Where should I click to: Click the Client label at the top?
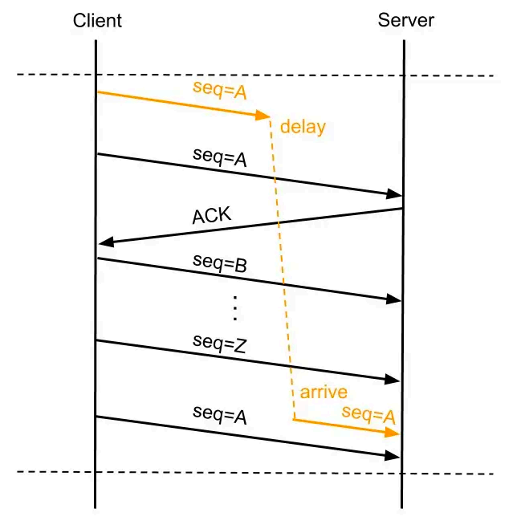tap(97, 20)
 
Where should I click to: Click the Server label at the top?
tap(405, 20)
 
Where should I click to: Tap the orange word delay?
tap(303, 128)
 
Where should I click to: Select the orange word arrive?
tap(324, 393)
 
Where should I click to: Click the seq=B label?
tap(219, 263)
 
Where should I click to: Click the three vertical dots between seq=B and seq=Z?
tap(235, 307)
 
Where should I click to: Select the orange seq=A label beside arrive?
tap(368, 414)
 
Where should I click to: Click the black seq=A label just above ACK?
tap(219, 157)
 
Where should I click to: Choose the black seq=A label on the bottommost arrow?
tap(219, 416)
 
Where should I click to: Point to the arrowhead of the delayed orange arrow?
tap(263, 117)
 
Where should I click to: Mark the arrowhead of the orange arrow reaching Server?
tap(393, 433)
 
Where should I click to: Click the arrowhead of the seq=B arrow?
tap(393, 299)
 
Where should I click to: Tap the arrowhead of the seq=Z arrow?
tap(393, 378)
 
